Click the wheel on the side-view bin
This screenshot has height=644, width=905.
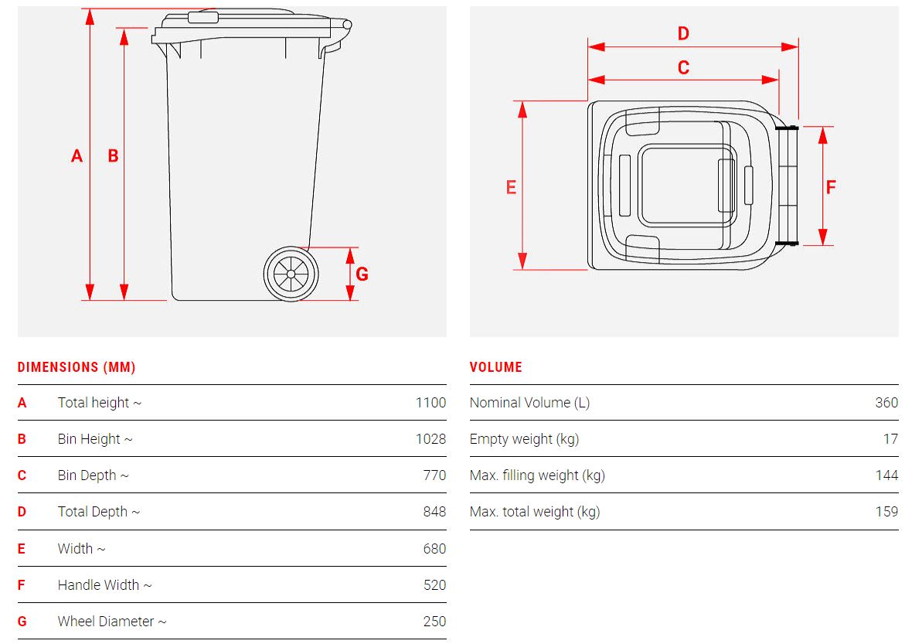click(291, 274)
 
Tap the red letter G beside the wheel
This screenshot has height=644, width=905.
click(362, 274)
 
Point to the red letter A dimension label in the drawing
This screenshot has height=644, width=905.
click(77, 155)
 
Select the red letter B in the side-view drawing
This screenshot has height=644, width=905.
click(113, 155)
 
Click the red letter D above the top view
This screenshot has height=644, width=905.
click(683, 33)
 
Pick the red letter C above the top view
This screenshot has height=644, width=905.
click(683, 67)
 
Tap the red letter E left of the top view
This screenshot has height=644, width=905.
click(511, 187)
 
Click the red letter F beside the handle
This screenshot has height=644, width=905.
click(831, 187)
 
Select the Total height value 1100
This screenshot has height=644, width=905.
click(430, 403)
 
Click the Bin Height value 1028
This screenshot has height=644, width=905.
click(430, 439)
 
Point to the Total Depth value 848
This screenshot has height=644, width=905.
click(434, 512)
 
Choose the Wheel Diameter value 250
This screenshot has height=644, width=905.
click(434, 622)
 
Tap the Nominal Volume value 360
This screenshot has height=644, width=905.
click(886, 403)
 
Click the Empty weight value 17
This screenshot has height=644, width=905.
click(890, 439)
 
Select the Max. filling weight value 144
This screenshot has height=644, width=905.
click(886, 475)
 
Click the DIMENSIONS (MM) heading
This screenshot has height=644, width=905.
click(77, 367)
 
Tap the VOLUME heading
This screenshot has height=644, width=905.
click(496, 367)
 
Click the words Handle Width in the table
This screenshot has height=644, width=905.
click(98, 585)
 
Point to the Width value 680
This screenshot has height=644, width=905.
click(434, 549)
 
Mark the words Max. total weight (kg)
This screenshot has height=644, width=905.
click(535, 513)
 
